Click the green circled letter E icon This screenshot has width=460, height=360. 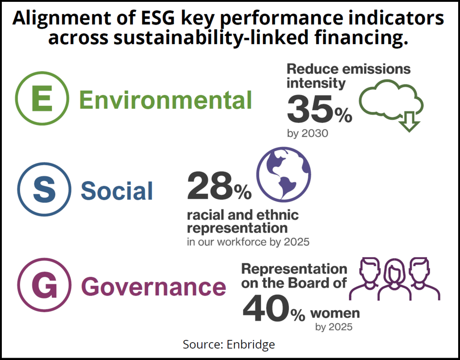coord(42,99)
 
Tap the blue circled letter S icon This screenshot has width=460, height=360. coord(44,190)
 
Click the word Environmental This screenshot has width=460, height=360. coord(165,100)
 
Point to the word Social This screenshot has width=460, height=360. coord(116,191)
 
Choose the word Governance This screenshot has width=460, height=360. coord(153,287)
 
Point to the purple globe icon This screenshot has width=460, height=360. coord(283,175)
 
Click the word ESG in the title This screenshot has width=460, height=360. coord(139,19)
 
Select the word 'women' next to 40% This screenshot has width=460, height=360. coord(335,313)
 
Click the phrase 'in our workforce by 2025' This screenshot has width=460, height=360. coord(248,242)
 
